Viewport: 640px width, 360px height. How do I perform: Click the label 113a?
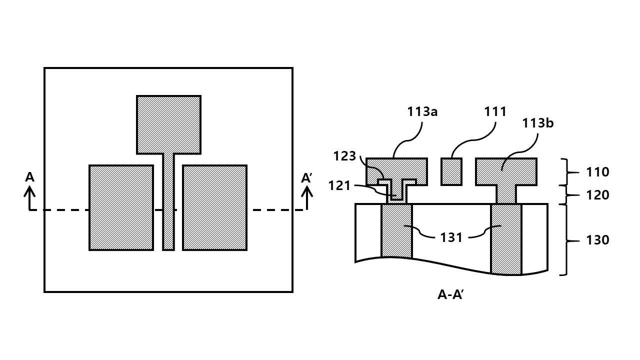coord(422,111)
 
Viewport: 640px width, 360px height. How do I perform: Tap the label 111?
coord(495,111)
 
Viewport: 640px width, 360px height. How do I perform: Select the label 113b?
coord(537,123)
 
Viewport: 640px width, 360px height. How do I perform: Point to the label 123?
coord(344,156)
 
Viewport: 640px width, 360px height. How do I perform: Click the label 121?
coord(339,186)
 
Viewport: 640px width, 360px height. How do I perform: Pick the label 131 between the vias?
coord(451,237)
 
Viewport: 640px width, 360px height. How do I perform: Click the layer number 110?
coord(597,172)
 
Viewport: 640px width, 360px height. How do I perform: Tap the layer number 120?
coord(597,195)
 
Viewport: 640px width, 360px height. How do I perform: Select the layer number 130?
coord(597,240)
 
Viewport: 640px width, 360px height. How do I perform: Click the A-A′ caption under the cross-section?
coord(450,294)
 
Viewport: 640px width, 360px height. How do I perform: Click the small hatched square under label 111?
coord(451,171)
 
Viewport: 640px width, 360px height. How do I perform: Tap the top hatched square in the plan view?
coord(168,125)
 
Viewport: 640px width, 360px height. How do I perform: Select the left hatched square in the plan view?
coord(121,207)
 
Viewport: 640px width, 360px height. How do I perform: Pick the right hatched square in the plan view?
coord(215,207)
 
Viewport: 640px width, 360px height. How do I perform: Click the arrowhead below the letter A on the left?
coord(29,191)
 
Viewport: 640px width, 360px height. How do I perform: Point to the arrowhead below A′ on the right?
coord(307,191)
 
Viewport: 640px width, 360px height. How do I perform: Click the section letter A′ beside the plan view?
coord(306,178)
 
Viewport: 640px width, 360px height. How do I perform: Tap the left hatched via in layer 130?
coord(396,231)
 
